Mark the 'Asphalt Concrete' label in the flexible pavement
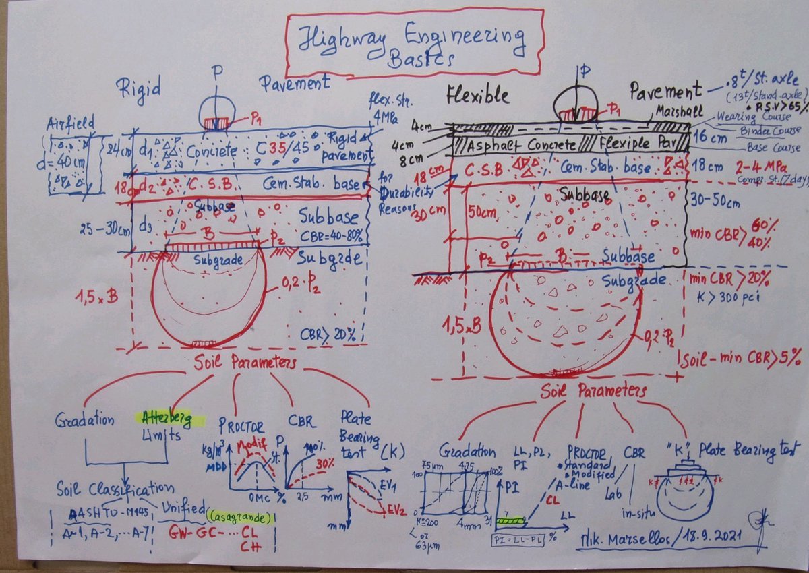pyautogui.click(x=514, y=144)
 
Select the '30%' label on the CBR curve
pyautogui.click(x=327, y=464)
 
